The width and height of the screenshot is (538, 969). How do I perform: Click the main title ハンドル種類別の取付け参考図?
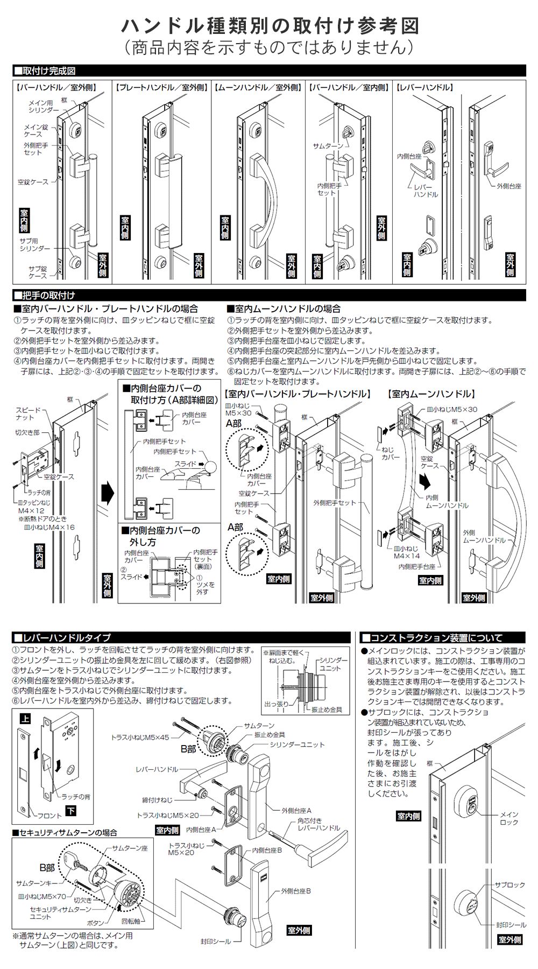click(x=270, y=25)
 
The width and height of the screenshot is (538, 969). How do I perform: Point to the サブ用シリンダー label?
click(x=34, y=244)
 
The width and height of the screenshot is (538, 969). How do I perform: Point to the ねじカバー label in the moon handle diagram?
click(x=390, y=453)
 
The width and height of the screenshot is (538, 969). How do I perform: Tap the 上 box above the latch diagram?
click(x=25, y=718)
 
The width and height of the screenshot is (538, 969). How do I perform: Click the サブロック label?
click(x=509, y=884)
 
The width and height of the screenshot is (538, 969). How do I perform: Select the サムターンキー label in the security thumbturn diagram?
click(x=37, y=883)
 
